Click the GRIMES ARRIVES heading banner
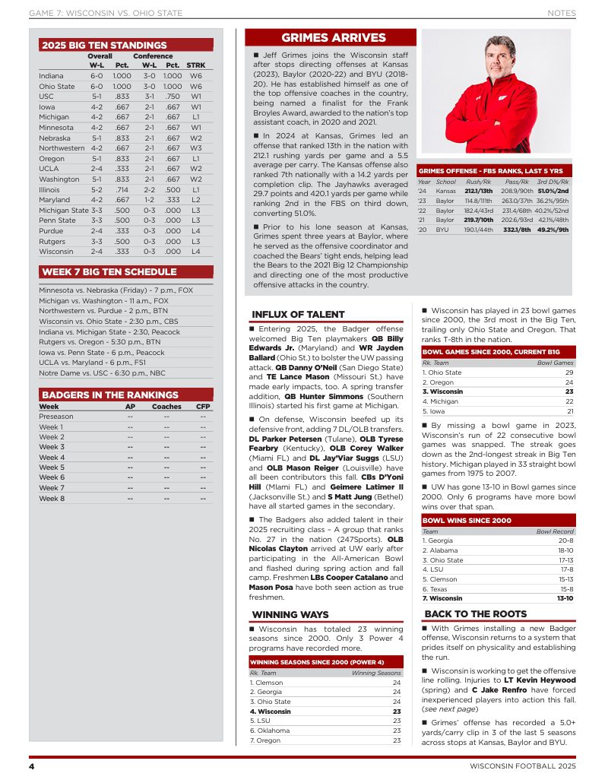pos(333,38)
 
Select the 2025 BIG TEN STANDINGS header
pos(104,46)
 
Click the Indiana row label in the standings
pos(52,76)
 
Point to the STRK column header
pos(196,66)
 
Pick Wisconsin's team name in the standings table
pos(56,251)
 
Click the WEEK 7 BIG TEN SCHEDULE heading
pos(109,271)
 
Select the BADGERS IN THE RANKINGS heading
pos(109,395)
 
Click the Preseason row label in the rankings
pos(56,417)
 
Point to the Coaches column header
pos(166,407)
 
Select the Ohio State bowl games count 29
pos(568,372)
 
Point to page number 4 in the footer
pos(32,765)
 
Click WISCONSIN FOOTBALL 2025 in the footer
pos(522,765)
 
